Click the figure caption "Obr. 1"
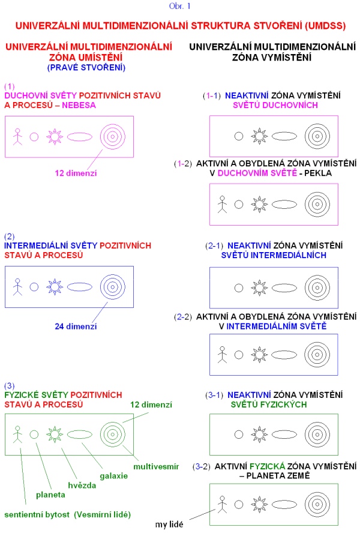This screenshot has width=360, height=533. [180, 7]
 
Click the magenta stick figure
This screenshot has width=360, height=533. [17, 137]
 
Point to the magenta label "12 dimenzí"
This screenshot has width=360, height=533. [76, 173]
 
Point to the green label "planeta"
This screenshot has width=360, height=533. [51, 495]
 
